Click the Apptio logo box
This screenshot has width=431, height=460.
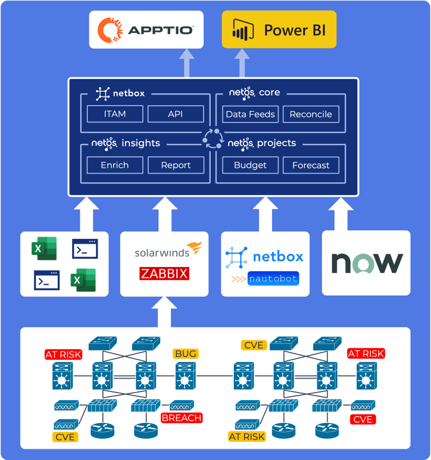click(x=146, y=30)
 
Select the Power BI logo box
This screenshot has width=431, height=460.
click(x=279, y=29)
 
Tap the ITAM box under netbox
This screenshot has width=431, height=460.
click(x=115, y=114)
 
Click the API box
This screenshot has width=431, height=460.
click(x=176, y=114)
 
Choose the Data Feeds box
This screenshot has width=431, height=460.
click(x=250, y=114)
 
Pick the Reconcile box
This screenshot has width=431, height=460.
click(x=311, y=114)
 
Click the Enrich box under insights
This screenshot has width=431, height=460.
click(x=115, y=165)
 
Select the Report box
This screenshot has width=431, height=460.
click(x=176, y=165)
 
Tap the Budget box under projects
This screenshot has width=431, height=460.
click(x=250, y=165)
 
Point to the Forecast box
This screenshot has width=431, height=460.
click(x=311, y=165)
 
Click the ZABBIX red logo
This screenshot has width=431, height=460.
click(x=164, y=274)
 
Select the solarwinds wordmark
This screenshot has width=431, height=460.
click(x=162, y=253)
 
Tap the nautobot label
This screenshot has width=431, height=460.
click(x=273, y=278)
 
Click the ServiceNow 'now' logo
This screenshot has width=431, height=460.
click(x=367, y=263)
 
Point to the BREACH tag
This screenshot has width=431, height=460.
click(x=182, y=418)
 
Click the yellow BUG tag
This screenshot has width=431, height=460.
click(x=185, y=354)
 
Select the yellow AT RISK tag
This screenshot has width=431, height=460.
click(x=247, y=436)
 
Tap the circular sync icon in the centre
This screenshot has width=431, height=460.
click(x=213, y=139)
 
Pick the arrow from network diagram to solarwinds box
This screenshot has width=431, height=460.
click(x=164, y=312)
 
